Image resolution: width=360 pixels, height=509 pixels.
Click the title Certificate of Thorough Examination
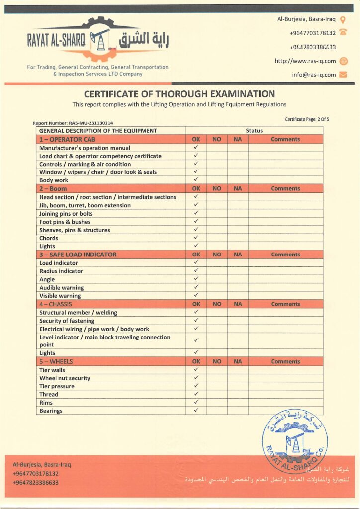[179, 94]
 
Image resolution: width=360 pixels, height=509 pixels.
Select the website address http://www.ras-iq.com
[305, 61]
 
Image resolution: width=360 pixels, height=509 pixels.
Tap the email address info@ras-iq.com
[314, 75]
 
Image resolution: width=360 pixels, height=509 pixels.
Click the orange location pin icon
[343, 20]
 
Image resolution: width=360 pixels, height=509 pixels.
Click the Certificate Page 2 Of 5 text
[307, 119]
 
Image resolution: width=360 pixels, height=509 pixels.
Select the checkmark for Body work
[196, 180]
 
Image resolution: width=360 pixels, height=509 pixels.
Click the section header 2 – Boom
[53, 189]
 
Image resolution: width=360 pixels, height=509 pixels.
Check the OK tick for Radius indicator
[196, 271]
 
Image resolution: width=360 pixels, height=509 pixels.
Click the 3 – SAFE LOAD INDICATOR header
[78, 254]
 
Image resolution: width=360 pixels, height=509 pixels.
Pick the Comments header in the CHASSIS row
[285, 304]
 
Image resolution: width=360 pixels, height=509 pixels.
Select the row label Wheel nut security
[65, 378]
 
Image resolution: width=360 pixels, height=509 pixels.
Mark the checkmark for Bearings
[196, 411]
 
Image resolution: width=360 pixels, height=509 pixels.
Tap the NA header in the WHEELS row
[238, 362]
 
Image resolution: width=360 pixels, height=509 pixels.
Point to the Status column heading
[254, 131]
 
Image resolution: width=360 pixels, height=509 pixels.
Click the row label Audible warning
[62, 288]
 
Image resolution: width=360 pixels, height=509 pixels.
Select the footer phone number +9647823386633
[36, 483]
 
